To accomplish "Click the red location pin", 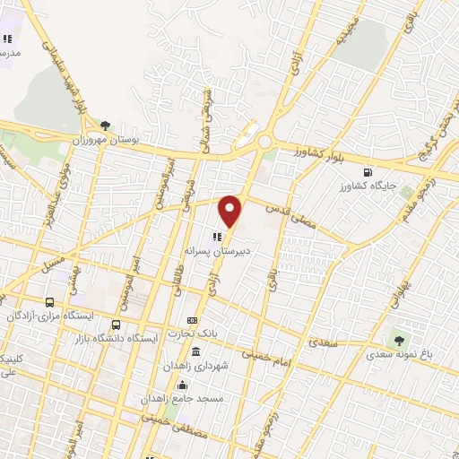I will pyautogui.click(x=231, y=212).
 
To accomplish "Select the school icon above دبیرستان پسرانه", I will pyautogui.click(x=216, y=238).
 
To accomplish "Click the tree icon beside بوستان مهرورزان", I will pyautogui.click(x=106, y=126).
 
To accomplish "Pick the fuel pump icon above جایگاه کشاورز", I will pyautogui.click(x=368, y=172).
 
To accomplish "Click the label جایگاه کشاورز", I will pyautogui.click(x=368, y=187).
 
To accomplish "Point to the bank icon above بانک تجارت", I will pyautogui.click(x=192, y=320).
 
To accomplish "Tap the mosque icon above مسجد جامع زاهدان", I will pyautogui.click(x=184, y=384).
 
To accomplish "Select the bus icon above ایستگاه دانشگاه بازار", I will pyautogui.click(x=116, y=325).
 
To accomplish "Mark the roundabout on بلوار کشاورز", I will pyautogui.click(x=264, y=142).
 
